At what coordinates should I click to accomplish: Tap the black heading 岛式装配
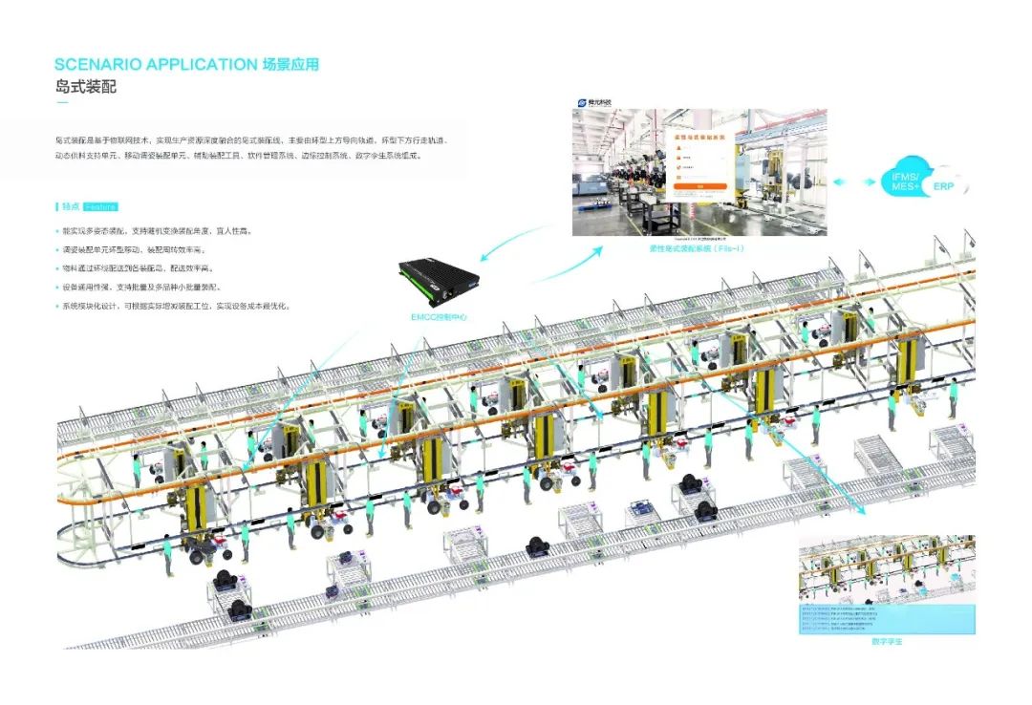(85, 87)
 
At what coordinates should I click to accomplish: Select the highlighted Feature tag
(99, 206)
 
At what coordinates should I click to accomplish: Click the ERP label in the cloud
(944, 188)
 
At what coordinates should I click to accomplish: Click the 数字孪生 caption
(887, 642)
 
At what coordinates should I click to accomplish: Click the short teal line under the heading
(62, 103)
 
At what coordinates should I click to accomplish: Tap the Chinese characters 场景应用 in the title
(290, 65)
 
